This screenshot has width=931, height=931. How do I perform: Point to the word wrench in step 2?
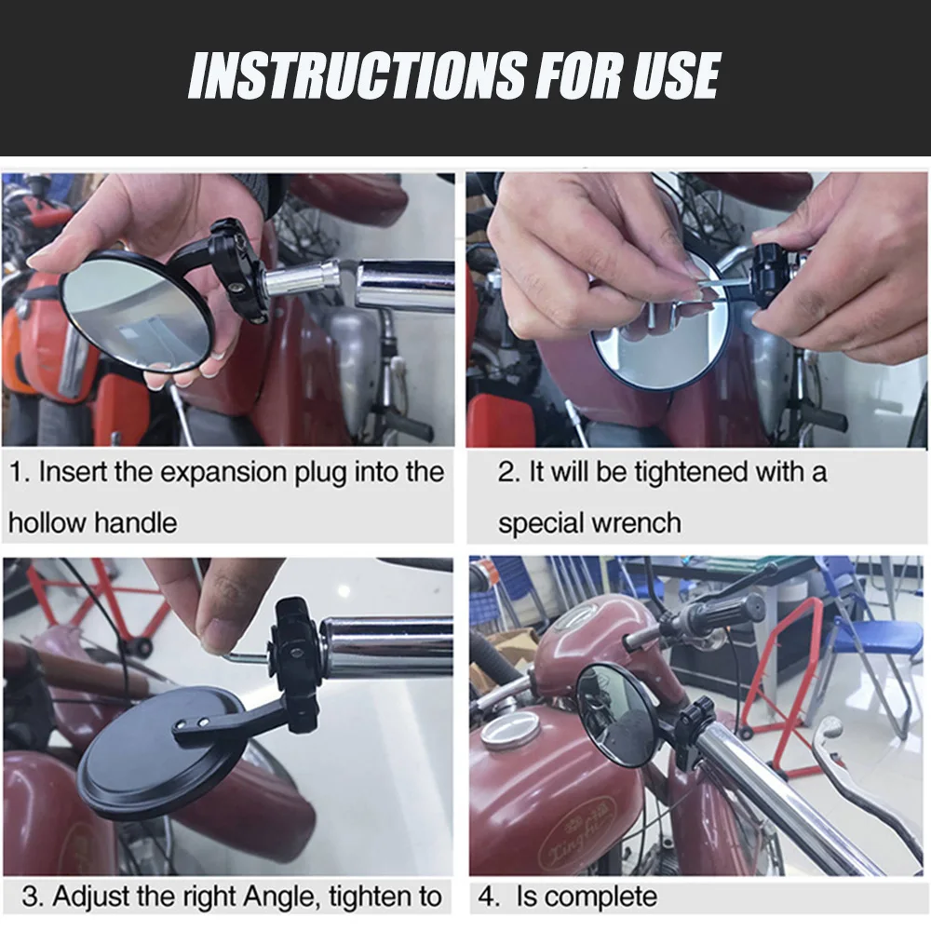tap(636, 523)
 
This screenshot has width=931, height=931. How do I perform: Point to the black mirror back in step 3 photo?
tap(160, 753)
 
